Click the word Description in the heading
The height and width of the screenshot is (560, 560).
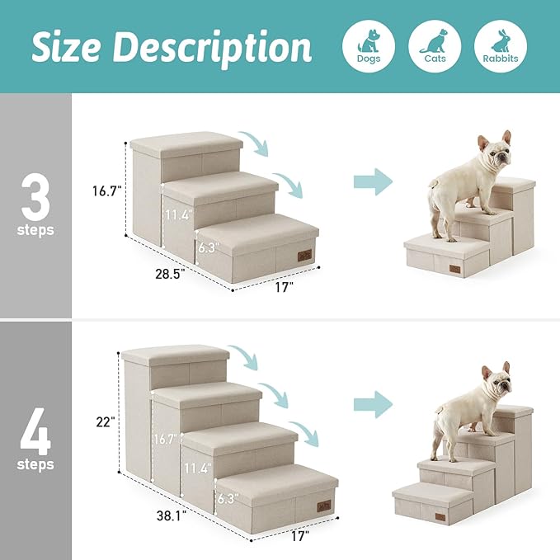pyautogui.click(x=218, y=48)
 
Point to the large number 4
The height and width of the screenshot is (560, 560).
pyautogui.click(x=35, y=429)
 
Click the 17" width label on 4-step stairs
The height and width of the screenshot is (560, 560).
pyautogui.click(x=299, y=536)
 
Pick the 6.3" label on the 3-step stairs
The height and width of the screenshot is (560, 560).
pyautogui.click(x=207, y=246)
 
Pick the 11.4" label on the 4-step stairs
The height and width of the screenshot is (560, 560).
pyautogui.click(x=198, y=468)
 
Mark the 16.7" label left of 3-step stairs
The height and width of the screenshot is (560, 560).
pyautogui.click(x=107, y=191)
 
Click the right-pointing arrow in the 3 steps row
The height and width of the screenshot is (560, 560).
pyautogui.click(x=373, y=182)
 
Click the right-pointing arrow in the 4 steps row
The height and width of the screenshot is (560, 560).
pyautogui.click(x=373, y=404)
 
